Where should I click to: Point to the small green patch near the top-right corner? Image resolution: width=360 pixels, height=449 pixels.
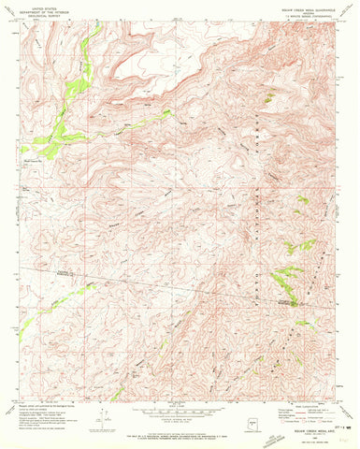269,97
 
